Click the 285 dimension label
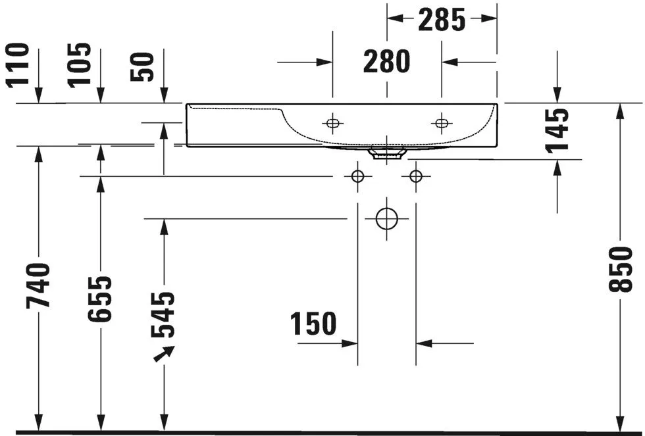click(442, 20)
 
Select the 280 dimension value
click(387, 62)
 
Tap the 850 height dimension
click(621, 269)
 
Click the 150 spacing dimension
click(313, 324)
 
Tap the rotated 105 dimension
click(80, 64)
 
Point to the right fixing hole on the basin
click(441, 122)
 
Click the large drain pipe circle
click(387, 218)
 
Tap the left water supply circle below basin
click(358, 176)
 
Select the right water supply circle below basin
click(415, 176)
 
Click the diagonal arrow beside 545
click(164, 352)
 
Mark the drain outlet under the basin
click(387, 154)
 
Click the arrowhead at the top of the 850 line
click(620, 111)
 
